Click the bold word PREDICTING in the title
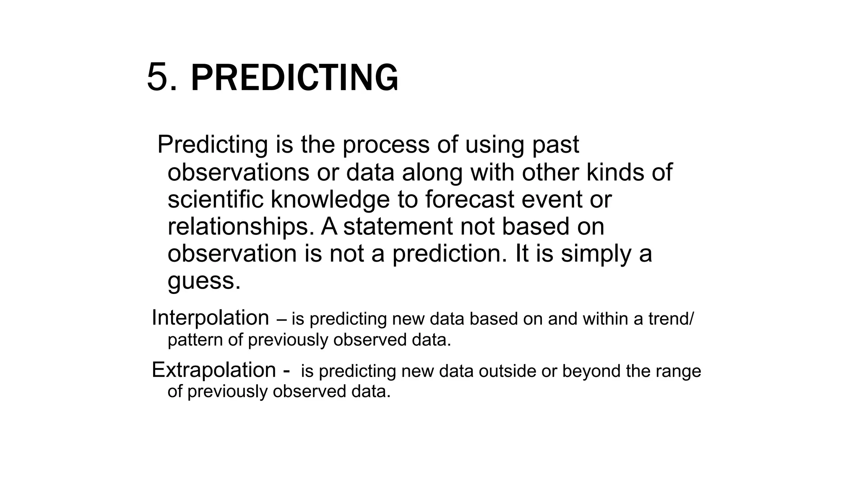tap(294, 78)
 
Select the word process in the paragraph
tap(386, 145)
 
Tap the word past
tap(555, 145)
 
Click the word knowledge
tap(330, 200)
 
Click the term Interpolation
tap(210, 318)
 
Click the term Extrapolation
tap(213, 370)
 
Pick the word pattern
tap(195, 340)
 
